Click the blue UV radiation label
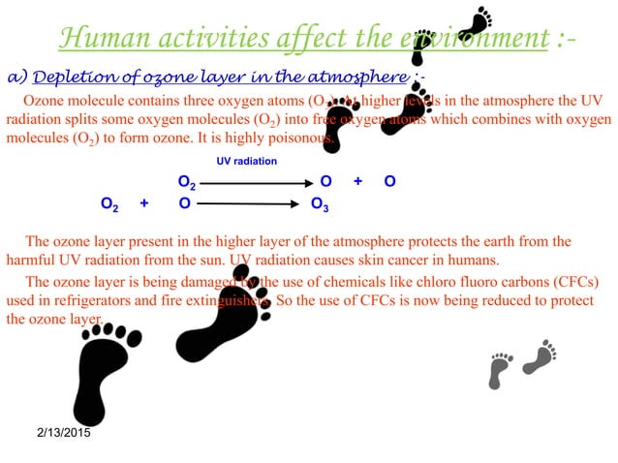tap(246, 161)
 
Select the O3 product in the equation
tap(319, 204)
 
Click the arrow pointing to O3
tap(251, 203)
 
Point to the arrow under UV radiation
tap(255, 182)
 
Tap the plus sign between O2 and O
tap(144, 203)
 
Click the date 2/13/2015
tap(57, 432)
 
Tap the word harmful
tap(31, 260)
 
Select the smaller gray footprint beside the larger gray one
tap(500, 370)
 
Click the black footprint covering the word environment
tap(422, 46)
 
